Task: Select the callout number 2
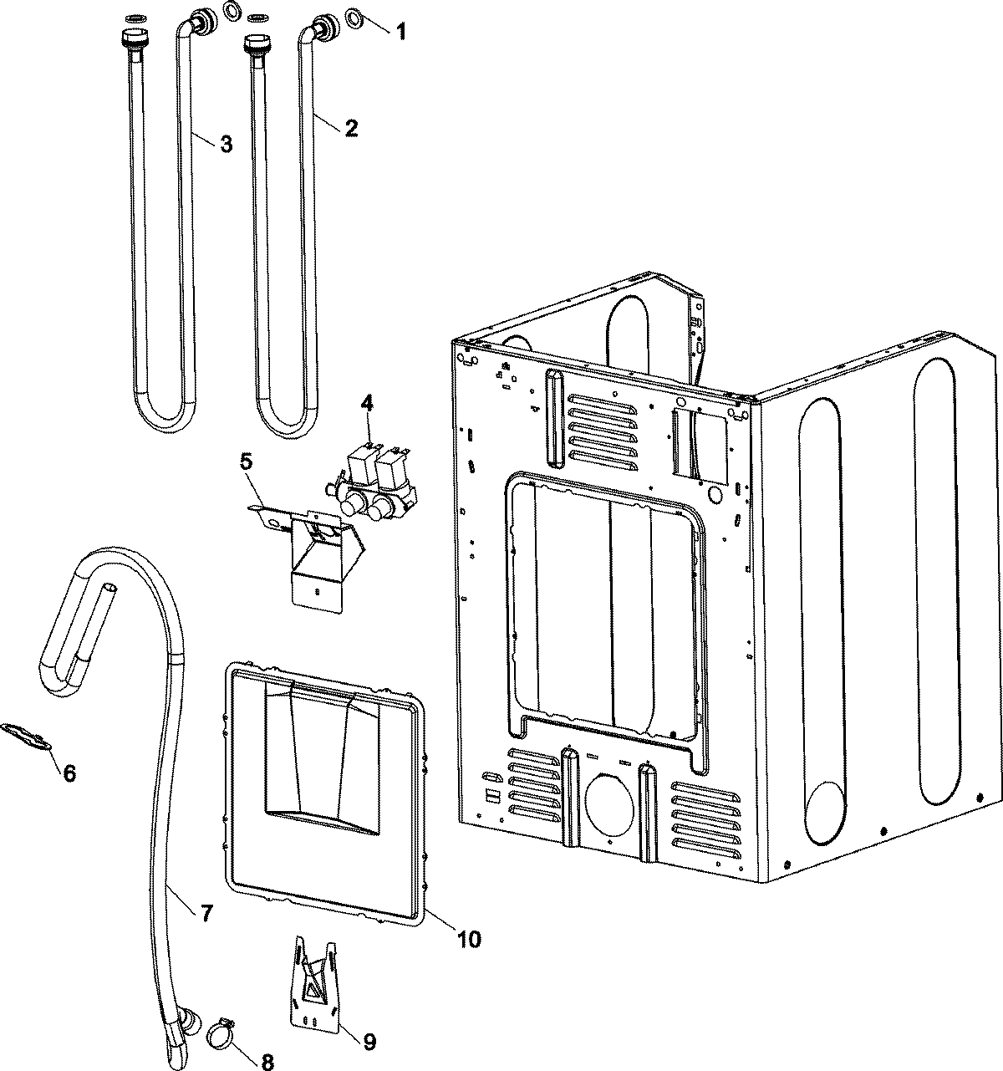[351, 128]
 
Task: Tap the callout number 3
[226, 144]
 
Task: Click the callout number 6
[69, 773]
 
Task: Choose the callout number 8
[267, 1062]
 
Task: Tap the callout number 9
[369, 1042]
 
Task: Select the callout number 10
[468, 939]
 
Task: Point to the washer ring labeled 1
[354, 16]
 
